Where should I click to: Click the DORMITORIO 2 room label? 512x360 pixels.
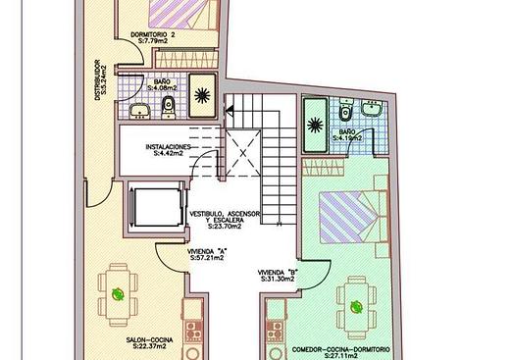pyautogui.click(x=153, y=34)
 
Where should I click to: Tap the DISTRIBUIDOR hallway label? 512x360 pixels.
pyautogui.click(x=97, y=79)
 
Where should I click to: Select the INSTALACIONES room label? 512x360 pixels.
pyautogui.click(x=168, y=147)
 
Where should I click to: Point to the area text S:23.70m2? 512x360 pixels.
pyautogui.click(x=225, y=226)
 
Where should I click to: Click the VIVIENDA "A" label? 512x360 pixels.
pyautogui.click(x=207, y=252)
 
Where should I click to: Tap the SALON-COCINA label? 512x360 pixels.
pyautogui.click(x=149, y=340)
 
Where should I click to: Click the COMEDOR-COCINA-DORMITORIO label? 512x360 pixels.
pyautogui.click(x=340, y=349)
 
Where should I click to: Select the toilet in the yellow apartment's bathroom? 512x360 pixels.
pyautogui.click(x=169, y=107)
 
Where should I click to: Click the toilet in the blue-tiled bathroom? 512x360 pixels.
pyautogui.click(x=345, y=109)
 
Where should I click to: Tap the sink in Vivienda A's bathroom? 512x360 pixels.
pyautogui.click(x=139, y=111)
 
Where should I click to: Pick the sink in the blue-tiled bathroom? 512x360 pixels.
pyautogui.click(x=372, y=107)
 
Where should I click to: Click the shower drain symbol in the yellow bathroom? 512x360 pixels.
pyautogui.click(x=202, y=95)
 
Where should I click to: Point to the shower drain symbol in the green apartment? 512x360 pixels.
pyautogui.click(x=315, y=126)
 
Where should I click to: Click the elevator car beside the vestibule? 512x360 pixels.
pyautogui.click(x=158, y=207)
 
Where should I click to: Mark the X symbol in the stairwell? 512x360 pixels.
pyautogui.click(x=243, y=153)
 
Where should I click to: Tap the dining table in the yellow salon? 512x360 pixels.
pyautogui.click(x=118, y=294)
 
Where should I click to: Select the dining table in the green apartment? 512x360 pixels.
pyautogui.click(x=356, y=308)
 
